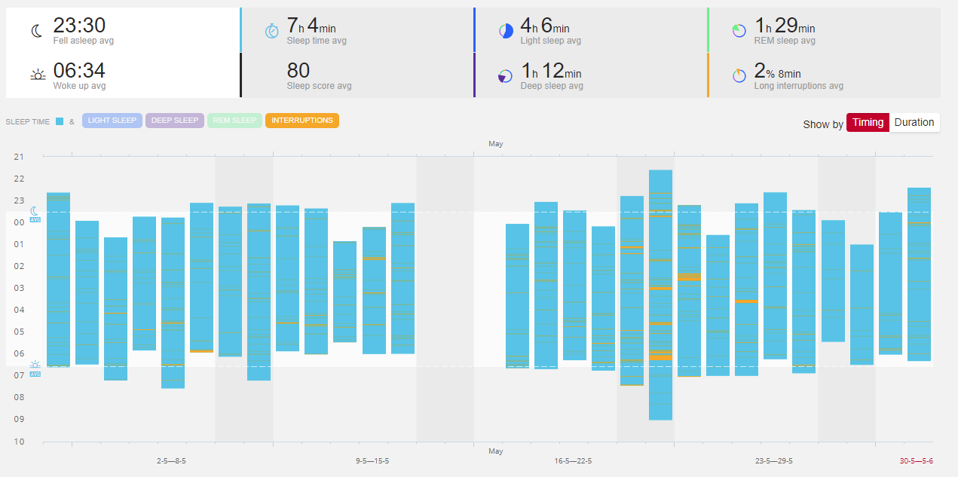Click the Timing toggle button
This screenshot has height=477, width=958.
click(x=868, y=123)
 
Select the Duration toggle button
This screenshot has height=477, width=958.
click(x=914, y=123)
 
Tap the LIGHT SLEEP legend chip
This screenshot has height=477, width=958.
click(x=112, y=121)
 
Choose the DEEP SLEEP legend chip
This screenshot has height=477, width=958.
click(x=175, y=121)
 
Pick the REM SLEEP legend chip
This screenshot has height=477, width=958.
click(x=234, y=121)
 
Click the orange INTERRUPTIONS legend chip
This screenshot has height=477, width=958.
click(x=302, y=121)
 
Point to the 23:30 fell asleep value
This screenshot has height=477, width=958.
click(x=78, y=26)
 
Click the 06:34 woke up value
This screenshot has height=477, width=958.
click(x=78, y=72)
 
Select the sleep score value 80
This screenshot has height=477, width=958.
click(x=298, y=71)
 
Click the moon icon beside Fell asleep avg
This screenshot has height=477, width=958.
click(x=37, y=31)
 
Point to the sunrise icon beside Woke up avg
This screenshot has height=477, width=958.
click(x=37, y=75)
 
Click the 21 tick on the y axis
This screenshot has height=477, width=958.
click(x=19, y=157)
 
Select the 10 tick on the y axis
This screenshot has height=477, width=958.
click(x=19, y=442)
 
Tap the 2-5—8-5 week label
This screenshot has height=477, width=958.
click(x=171, y=460)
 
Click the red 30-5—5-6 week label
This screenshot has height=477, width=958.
click(x=916, y=460)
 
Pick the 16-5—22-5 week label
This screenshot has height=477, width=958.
click(x=573, y=460)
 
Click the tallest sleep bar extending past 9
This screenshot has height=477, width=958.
click(x=660, y=294)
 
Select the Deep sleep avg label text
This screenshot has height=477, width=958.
click(x=552, y=86)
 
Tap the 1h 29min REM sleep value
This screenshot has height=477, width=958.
click(x=785, y=27)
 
